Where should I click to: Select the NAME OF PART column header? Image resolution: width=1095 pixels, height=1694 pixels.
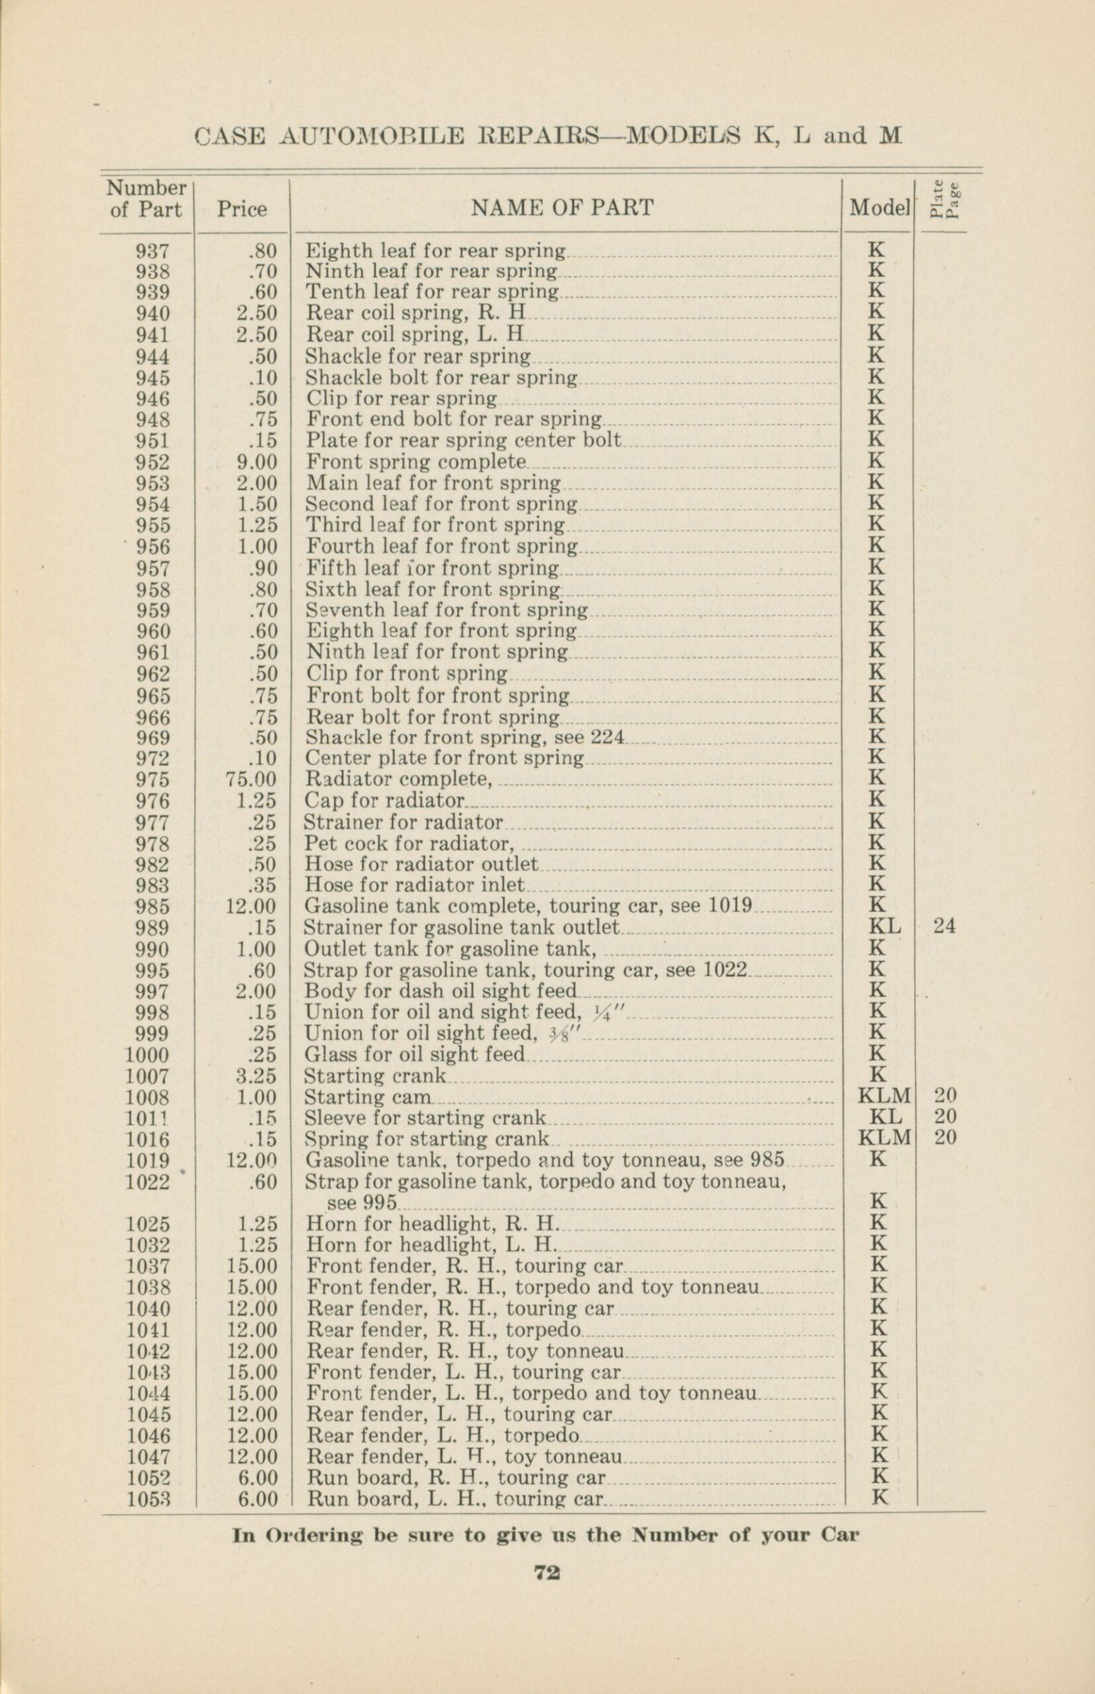point(562,208)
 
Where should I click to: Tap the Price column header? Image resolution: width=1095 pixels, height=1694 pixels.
point(241,208)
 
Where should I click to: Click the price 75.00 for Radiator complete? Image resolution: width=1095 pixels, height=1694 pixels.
point(251,780)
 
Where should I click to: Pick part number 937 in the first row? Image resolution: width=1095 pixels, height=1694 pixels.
point(152,250)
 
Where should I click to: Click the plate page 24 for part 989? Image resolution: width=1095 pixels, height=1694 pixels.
point(944,926)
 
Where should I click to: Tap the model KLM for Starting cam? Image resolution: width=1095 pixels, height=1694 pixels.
point(885,1096)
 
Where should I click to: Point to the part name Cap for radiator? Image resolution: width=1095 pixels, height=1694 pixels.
point(384,801)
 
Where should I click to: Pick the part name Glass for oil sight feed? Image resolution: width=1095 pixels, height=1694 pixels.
point(415,1055)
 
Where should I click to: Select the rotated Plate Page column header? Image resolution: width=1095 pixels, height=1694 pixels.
point(944,201)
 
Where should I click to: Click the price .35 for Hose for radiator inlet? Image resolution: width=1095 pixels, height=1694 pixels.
point(263,885)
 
